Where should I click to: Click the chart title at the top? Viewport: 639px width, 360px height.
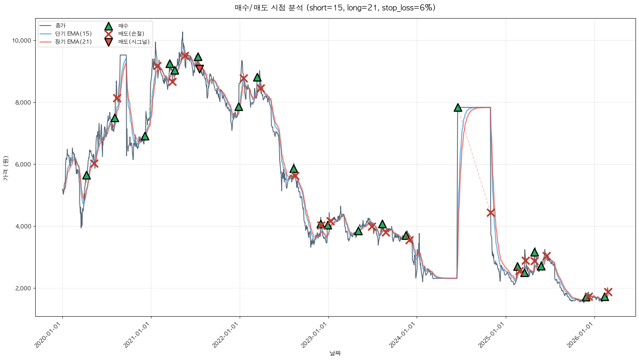[335, 8]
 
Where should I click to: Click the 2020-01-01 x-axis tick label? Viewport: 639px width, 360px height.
[48, 335]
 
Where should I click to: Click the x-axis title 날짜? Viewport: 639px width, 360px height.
[335, 353]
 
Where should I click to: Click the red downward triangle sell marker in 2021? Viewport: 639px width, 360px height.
[199, 69]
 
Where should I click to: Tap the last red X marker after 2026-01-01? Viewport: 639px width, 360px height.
[608, 292]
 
